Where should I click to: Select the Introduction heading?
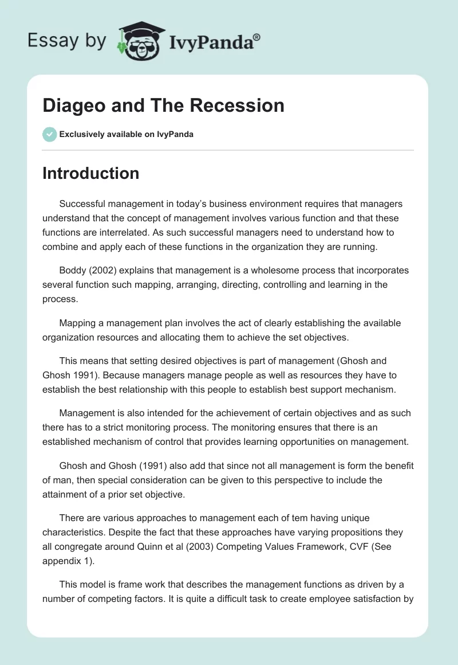pos(90,173)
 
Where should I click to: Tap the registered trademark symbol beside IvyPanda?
pos(257,37)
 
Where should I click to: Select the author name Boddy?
pos(73,270)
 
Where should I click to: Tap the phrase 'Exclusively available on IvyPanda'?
pos(127,134)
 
